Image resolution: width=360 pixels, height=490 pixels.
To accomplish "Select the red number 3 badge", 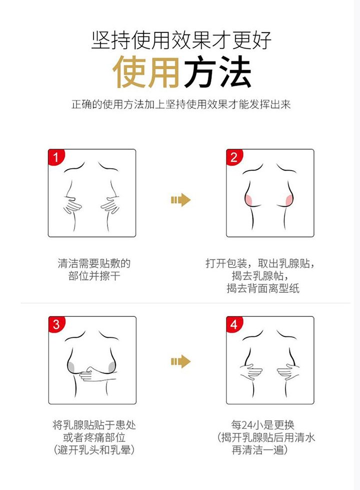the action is (x=56, y=324).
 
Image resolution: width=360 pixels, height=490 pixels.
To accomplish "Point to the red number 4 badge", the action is (x=233, y=324).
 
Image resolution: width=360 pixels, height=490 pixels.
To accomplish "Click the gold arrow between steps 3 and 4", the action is (x=181, y=361).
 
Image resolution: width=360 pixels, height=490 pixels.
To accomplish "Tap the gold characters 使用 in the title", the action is (x=146, y=72).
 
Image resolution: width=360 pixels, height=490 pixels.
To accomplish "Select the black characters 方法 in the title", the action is (x=217, y=72).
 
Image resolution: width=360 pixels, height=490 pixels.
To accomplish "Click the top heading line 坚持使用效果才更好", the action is (x=181, y=40).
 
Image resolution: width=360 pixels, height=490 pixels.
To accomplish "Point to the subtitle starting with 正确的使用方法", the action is (x=181, y=105).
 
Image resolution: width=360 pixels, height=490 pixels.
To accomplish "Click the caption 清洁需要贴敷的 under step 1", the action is (x=94, y=263).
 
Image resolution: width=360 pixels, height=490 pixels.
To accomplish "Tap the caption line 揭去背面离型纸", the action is (x=263, y=288).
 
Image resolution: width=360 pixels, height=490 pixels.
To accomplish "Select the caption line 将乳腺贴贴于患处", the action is (x=94, y=425).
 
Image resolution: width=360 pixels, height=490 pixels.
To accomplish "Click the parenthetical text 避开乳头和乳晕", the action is (x=94, y=450).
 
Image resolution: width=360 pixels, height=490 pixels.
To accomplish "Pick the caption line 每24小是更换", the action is (x=262, y=425).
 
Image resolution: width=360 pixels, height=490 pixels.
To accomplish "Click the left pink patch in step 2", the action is (x=249, y=200).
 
